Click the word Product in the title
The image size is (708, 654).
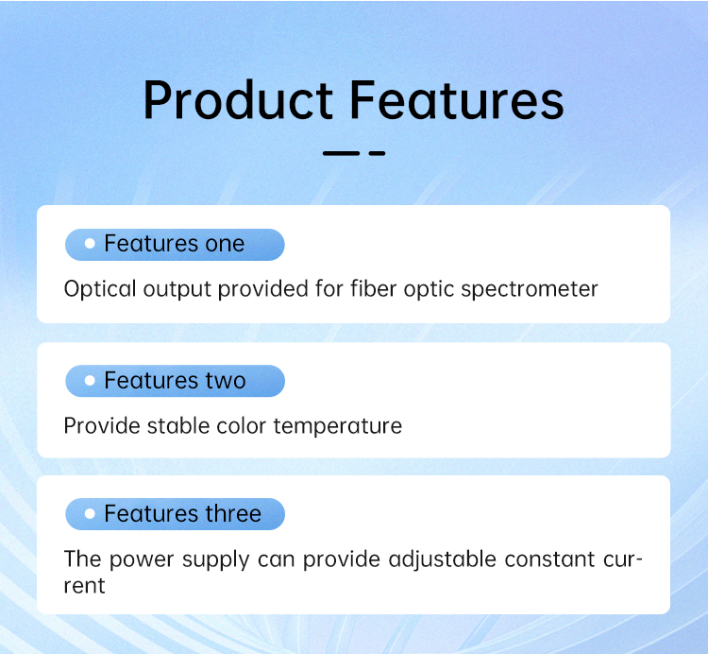[x=239, y=100]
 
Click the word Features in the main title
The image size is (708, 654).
[x=457, y=100]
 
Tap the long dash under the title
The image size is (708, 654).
[x=341, y=154]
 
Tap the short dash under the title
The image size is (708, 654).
[x=377, y=154]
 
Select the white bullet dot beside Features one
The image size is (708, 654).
[x=90, y=244]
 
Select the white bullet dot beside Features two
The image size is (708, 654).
[x=90, y=381]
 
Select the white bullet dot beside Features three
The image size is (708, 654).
[x=90, y=513]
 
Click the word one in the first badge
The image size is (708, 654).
[x=225, y=245]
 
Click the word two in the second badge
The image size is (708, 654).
[x=226, y=381]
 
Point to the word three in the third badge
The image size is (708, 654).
[x=233, y=513]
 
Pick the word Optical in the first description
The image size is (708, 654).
[x=100, y=289]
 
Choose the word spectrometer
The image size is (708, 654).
[x=530, y=290]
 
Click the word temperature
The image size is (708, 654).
[x=338, y=426]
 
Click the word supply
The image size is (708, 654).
[x=216, y=560]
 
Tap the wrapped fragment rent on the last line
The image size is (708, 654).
[x=84, y=586]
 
